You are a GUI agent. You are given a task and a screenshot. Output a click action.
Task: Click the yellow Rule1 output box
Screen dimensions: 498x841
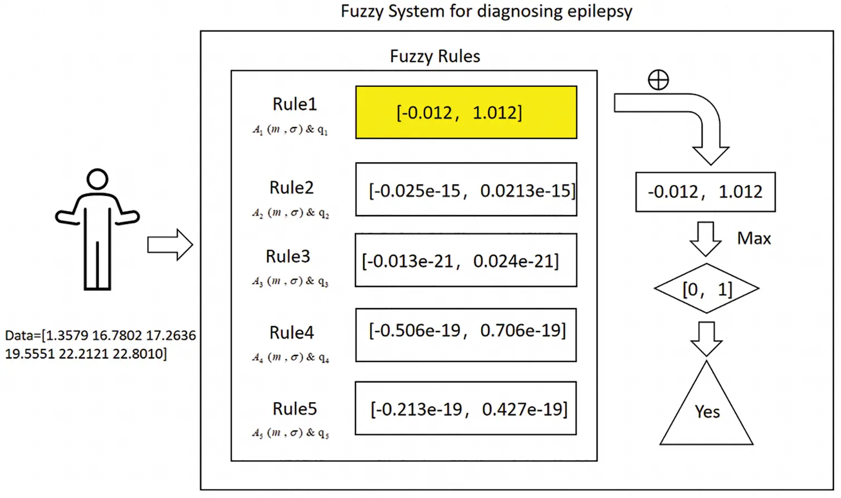[x=466, y=113]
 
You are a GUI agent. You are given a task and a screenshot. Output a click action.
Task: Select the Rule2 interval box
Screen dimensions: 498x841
[x=466, y=189]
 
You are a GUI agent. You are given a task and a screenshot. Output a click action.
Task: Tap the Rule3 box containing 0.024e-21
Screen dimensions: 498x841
[x=466, y=260]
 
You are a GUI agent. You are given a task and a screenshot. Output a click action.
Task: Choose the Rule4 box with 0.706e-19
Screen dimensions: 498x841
[x=466, y=335]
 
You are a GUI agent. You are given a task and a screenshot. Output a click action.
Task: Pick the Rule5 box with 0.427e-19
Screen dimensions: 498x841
[x=466, y=408]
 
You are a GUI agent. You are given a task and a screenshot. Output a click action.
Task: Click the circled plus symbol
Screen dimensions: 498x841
[x=658, y=80]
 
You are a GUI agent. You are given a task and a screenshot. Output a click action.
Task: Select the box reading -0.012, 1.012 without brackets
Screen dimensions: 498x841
[x=705, y=192]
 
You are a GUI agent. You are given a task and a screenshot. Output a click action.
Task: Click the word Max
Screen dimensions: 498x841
[x=754, y=238]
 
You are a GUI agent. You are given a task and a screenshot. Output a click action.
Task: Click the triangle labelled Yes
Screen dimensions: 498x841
[x=707, y=412]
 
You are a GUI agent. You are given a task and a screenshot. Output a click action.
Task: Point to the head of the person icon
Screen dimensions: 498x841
[x=97, y=179]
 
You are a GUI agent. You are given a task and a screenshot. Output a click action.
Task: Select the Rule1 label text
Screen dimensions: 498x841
[x=294, y=104]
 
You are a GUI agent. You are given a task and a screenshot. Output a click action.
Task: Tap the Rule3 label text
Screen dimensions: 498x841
[x=287, y=256]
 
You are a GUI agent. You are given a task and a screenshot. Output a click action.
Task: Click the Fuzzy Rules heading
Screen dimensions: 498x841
[x=434, y=56]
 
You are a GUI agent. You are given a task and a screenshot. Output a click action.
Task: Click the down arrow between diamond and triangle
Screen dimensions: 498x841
[x=706, y=338]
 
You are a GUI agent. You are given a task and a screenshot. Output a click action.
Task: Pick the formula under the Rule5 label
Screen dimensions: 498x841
[x=290, y=433]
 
